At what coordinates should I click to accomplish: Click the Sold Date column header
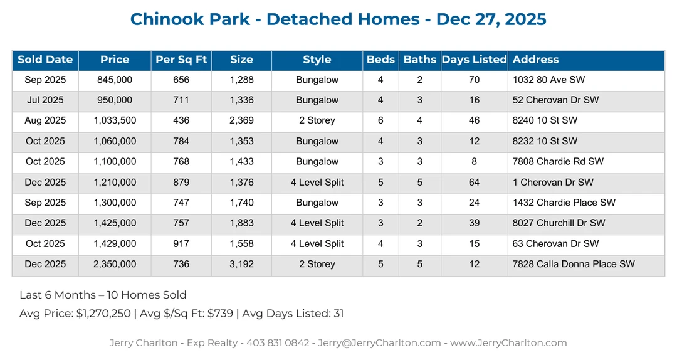click(45, 60)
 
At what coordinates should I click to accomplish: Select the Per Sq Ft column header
click(181, 60)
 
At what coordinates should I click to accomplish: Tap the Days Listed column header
click(474, 60)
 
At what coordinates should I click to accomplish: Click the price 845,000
click(115, 80)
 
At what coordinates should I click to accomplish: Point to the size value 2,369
click(241, 120)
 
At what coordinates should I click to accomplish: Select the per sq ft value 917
click(181, 244)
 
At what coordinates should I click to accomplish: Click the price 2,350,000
click(115, 265)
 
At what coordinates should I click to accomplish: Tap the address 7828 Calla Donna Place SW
click(574, 265)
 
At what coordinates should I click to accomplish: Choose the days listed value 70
click(474, 80)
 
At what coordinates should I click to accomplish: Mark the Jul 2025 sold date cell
click(45, 100)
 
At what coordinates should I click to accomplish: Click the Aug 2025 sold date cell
click(45, 120)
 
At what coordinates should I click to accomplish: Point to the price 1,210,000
click(115, 183)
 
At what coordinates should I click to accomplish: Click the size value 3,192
click(241, 265)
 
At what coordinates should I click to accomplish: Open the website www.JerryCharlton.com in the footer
click(508, 343)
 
